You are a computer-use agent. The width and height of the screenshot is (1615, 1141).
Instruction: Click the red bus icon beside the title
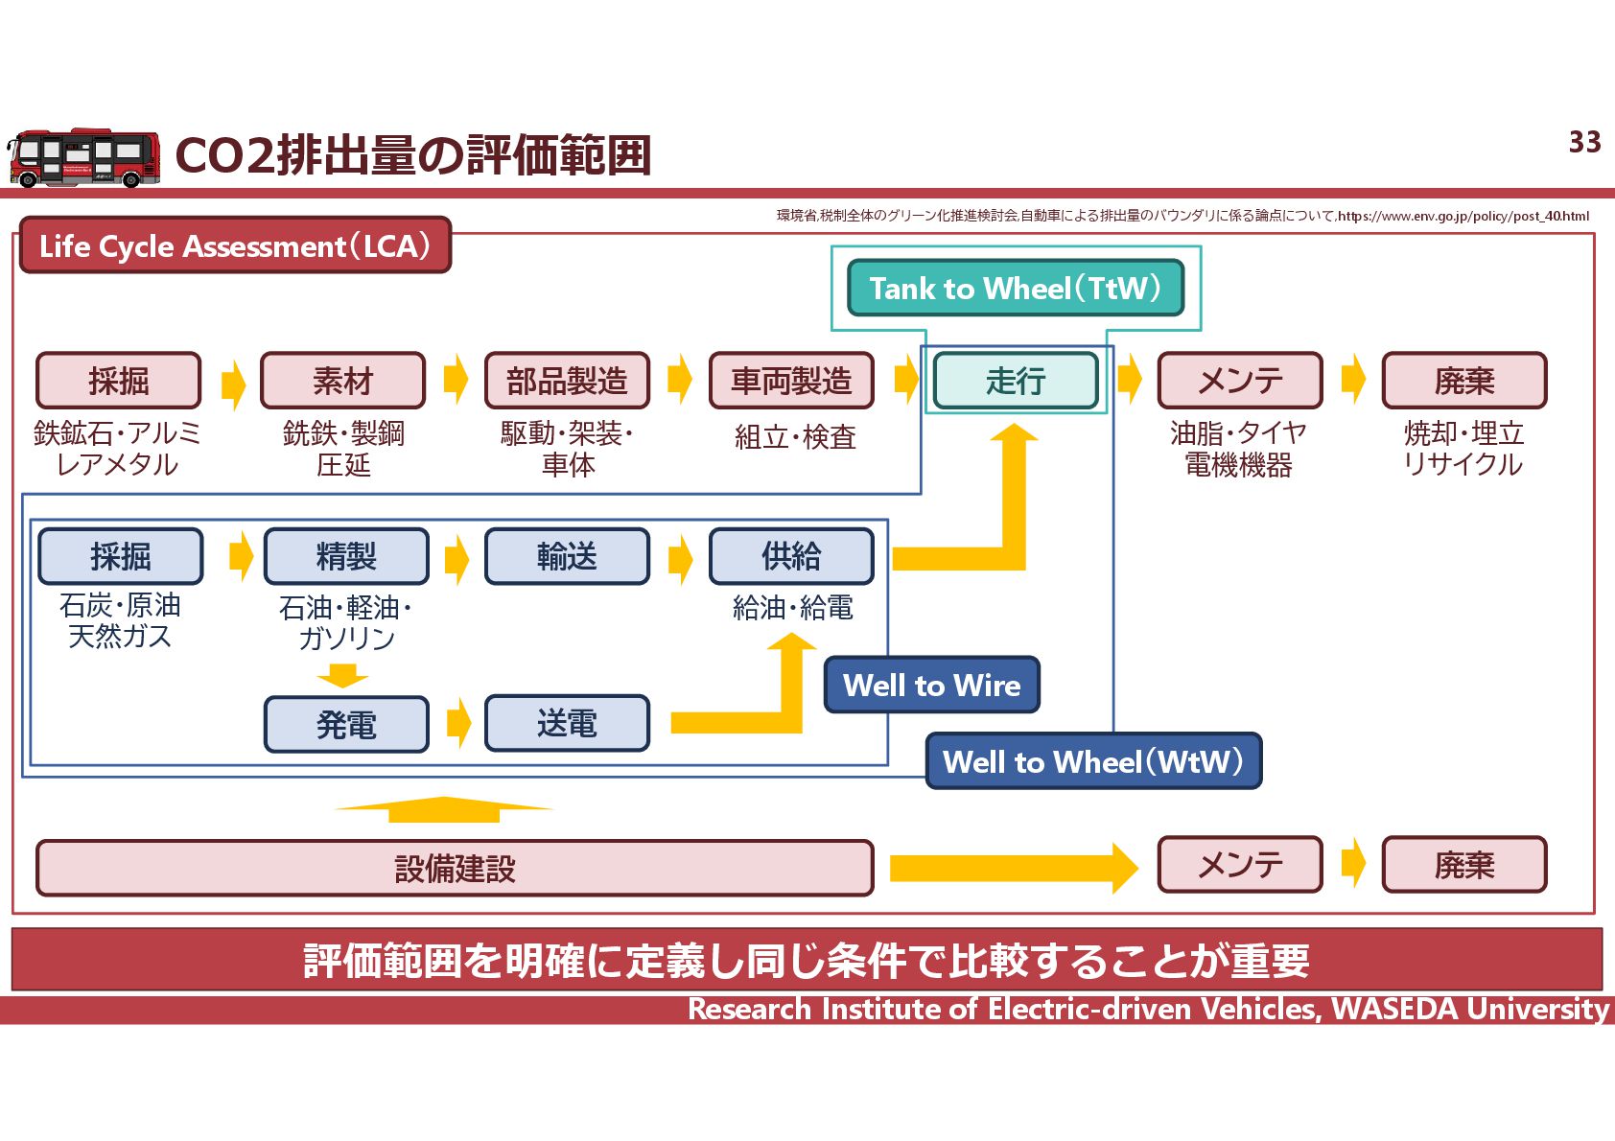pos(82,158)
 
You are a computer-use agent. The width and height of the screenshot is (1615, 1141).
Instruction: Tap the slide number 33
pos(1584,143)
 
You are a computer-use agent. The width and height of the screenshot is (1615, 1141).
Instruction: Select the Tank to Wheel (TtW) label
pos(1016,288)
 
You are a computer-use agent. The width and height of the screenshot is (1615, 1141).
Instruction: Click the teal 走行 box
pos(1016,381)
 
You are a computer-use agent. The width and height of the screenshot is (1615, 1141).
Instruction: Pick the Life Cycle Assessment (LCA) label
pos(235,246)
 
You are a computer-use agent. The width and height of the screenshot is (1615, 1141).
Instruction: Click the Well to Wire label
pos(931,686)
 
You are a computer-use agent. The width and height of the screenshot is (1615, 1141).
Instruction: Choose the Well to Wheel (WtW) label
pos(1093,761)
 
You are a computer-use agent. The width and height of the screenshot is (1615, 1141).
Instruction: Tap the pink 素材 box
pos(342,381)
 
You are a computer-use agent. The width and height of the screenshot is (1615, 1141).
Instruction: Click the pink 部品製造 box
pos(567,381)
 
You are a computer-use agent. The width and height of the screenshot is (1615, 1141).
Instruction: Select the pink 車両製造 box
pos(791,381)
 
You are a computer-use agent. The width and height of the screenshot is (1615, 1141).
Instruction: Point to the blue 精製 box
pos(346,556)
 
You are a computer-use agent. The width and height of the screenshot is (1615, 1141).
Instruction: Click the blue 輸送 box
pos(567,556)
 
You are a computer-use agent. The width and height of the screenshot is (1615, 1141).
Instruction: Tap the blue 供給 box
pos(791,556)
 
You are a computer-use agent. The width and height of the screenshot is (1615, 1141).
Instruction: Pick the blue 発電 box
pos(346,725)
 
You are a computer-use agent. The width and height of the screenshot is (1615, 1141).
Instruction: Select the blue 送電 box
pos(567,724)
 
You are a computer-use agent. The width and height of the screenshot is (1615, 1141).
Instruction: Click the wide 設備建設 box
pos(455,869)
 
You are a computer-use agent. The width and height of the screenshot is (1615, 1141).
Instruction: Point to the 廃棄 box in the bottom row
pos(1463,865)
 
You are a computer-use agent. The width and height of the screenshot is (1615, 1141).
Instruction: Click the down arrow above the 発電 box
pos(342,676)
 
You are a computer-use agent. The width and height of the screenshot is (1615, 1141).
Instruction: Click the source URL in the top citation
pos(1463,216)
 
